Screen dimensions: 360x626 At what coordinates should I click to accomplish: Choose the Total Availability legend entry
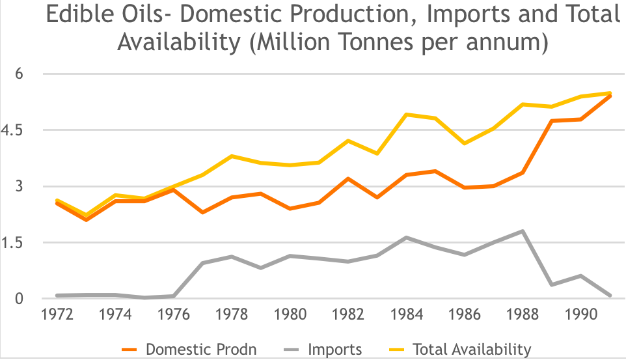[471, 349]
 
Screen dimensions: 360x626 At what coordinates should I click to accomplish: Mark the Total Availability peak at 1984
[407, 115]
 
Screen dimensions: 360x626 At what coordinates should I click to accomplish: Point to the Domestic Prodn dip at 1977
[203, 212]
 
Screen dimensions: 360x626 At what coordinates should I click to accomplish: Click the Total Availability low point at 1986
[465, 143]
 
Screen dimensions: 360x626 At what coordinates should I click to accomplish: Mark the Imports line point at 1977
[203, 263]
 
